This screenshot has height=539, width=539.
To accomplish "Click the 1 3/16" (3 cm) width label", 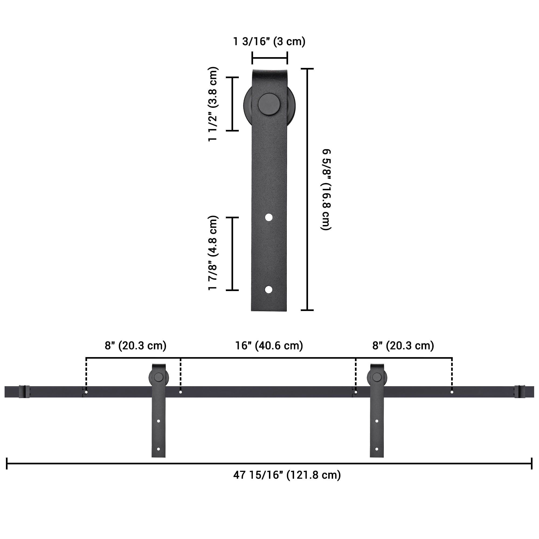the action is (269, 41).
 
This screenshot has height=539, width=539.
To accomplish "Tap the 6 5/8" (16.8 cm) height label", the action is (326, 189).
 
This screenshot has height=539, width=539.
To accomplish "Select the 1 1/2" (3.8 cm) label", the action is (213, 104).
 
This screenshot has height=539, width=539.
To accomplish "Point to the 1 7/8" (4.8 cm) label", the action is (213, 253).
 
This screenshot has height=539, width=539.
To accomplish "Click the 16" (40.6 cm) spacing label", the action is (269, 346).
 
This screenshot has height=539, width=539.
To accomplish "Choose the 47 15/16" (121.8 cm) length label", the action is (287, 475).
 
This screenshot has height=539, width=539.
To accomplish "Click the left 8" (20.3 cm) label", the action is (136, 346).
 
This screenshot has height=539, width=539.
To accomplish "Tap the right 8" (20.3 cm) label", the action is (403, 346).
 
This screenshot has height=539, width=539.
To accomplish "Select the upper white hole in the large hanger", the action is (269, 217).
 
